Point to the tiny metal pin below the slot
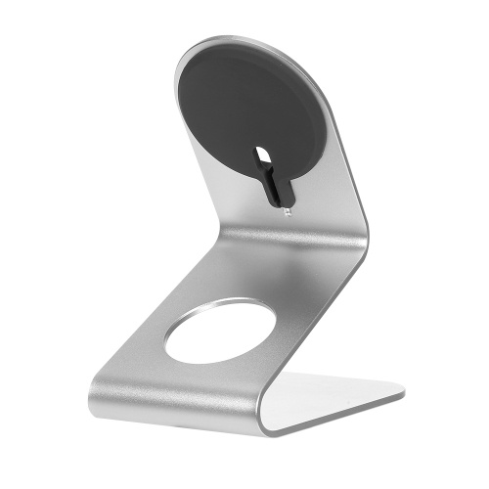[x=287, y=208]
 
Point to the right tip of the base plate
[x=401, y=395]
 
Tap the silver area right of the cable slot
[x=323, y=196]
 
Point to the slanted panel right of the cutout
[x=303, y=333]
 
